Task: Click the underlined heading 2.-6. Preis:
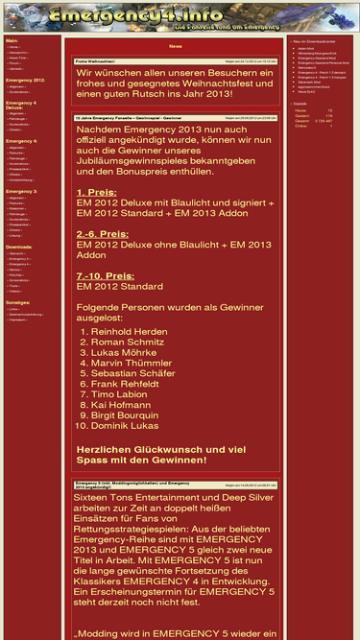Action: [x=103, y=234]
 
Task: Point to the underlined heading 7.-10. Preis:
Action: [x=107, y=276]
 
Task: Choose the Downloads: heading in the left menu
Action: [x=19, y=246]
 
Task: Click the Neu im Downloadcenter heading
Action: [x=315, y=41]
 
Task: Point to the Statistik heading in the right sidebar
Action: [x=300, y=103]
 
